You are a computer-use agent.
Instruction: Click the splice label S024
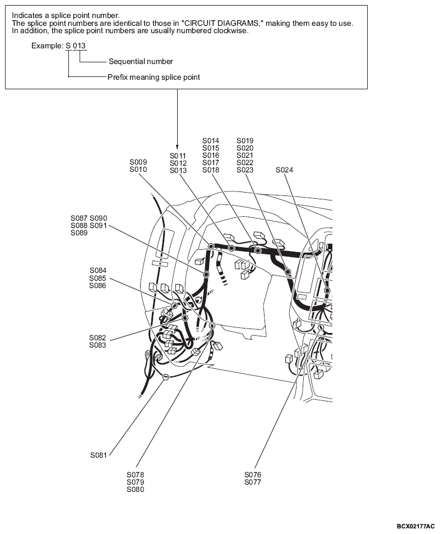pos(284,170)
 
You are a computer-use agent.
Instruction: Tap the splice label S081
pos(98,455)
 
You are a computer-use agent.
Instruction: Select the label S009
pos(138,162)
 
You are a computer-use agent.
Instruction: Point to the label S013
pos(178,170)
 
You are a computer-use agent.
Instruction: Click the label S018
pos(211,170)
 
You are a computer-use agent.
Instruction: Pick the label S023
pos(245,170)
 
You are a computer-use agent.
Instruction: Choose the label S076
pos(253,475)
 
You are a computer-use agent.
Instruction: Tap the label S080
pos(135,490)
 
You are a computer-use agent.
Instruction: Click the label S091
pos(98,225)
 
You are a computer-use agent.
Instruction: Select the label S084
pos(98,270)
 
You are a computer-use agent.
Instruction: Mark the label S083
pos(98,345)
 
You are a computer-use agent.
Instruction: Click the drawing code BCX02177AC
pos(415,526)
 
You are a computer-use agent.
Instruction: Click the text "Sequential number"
pos(141,61)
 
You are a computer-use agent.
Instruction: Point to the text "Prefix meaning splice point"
pos(154,77)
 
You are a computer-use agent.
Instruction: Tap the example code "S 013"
pos(76,45)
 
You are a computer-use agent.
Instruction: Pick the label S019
pos(245,140)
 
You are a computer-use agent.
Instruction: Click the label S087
pos(79,218)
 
